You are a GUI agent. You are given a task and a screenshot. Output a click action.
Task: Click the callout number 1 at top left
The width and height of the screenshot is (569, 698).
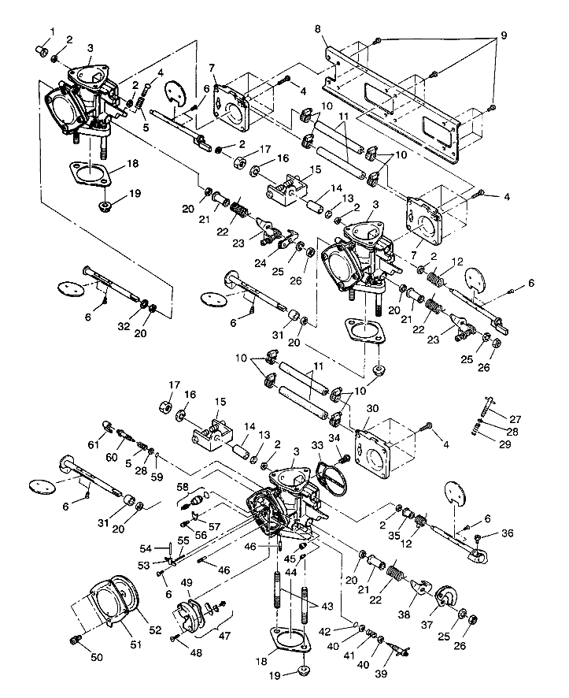pos(53,31)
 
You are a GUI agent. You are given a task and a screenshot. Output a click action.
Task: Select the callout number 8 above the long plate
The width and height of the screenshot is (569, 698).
pos(318,30)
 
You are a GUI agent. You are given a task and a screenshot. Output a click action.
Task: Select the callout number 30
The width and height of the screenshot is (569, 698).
pos(372,408)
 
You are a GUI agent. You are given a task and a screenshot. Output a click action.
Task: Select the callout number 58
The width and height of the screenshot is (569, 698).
pos(183,488)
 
